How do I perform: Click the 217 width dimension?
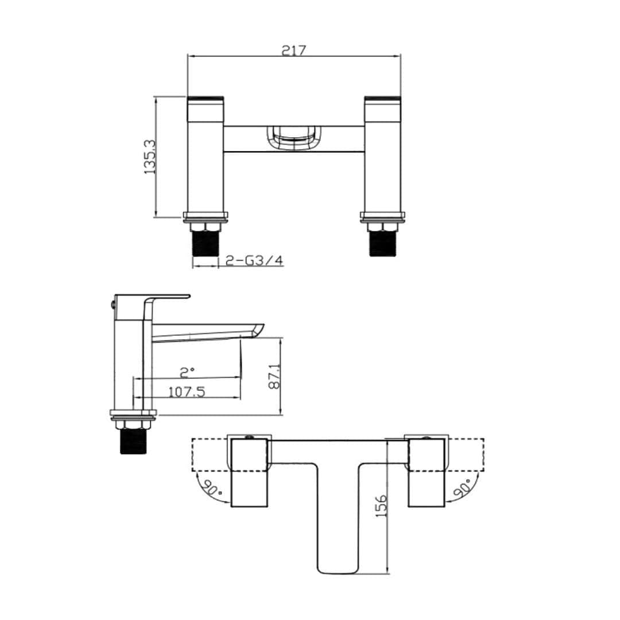point(294,50)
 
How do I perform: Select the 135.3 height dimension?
point(150,157)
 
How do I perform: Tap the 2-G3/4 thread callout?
point(254,261)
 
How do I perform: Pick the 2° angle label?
point(187,372)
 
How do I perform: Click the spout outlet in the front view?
point(293,138)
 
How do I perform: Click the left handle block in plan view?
point(250,472)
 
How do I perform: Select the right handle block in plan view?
point(427,472)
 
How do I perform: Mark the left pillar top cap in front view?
point(206,100)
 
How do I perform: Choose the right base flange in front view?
point(383,216)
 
